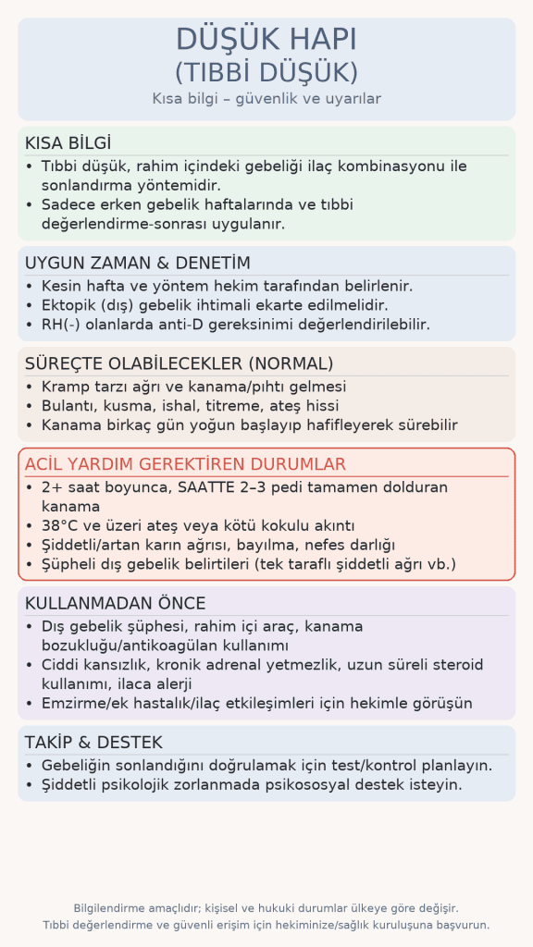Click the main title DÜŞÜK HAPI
pos(266,41)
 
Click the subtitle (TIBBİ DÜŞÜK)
pos(266,72)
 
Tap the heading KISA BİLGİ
pos(68,143)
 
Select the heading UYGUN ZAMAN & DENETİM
pos(138,263)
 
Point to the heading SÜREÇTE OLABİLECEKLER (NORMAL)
pos(180,363)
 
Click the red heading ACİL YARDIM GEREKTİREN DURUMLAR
pos(185,464)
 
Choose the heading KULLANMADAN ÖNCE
pos(116,604)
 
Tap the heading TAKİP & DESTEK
pos(93,743)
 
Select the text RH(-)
pos(64,325)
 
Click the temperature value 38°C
pos(64,525)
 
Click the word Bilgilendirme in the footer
pos(112,908)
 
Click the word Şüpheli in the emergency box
pos(73,564)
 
